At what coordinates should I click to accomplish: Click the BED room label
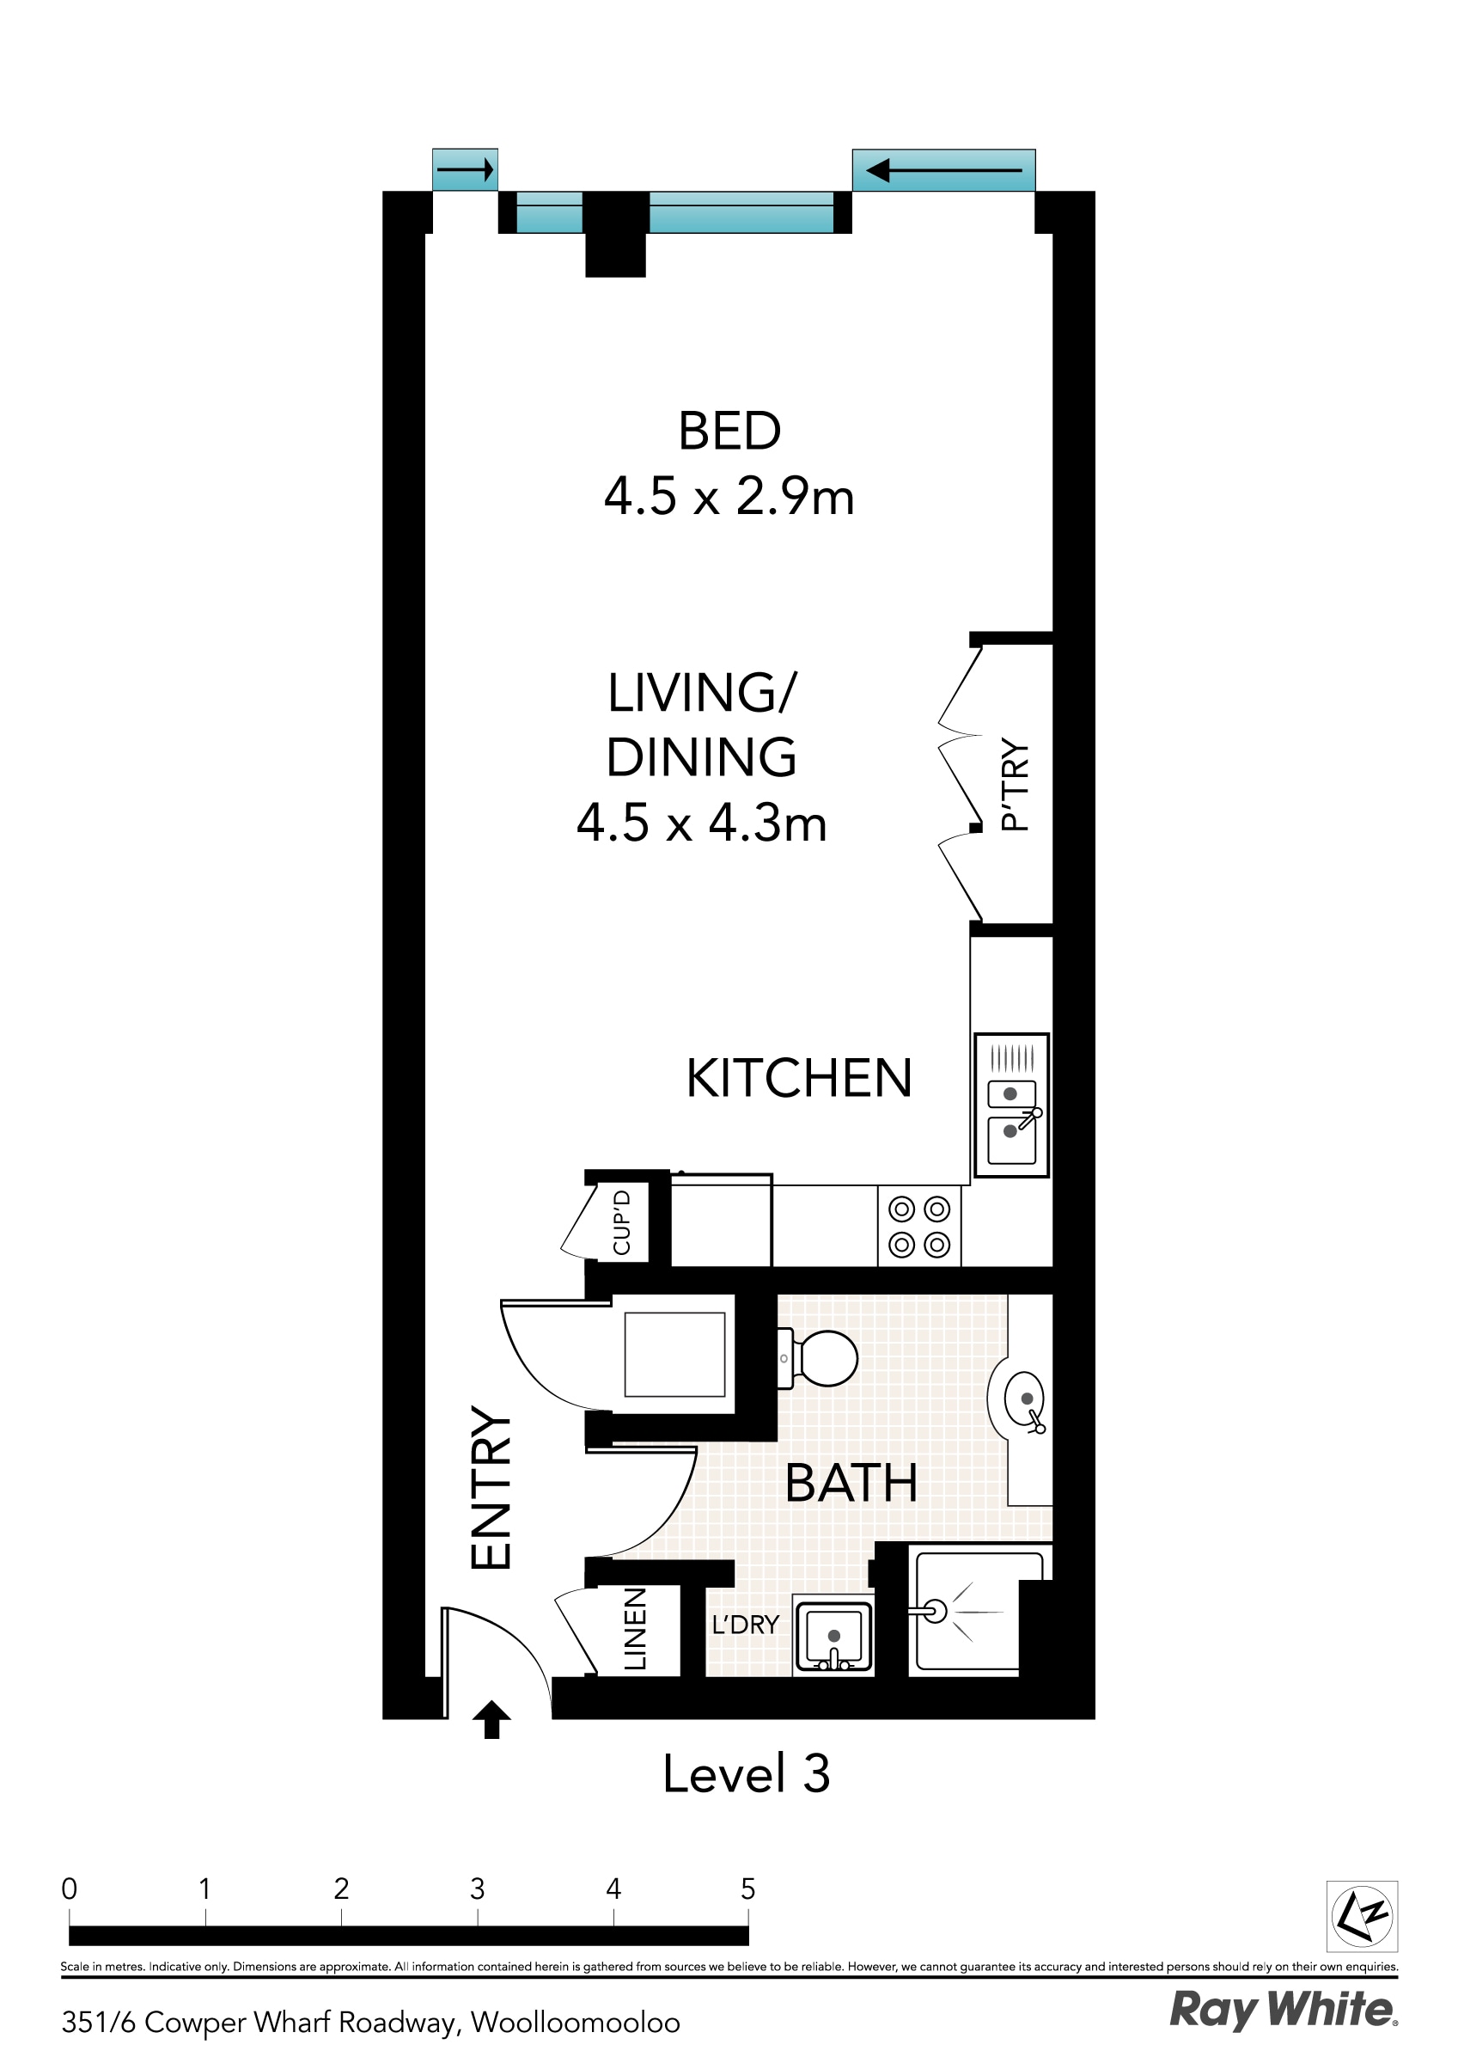(729, 432)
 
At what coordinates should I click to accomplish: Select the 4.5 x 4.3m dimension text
(702, 823)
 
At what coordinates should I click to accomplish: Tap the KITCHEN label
(799, 1078)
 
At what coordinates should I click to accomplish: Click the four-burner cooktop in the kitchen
(919, 1227)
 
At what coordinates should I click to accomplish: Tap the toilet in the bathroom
(822, 1357)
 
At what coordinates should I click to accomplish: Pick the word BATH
(851, 1484)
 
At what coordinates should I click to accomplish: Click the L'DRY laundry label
(745, 1625)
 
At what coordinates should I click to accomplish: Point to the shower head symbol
(935, 1612)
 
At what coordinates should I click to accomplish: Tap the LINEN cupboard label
(635, 1629)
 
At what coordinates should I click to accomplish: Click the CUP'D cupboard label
(622, 1222)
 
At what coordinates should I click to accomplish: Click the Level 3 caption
(746, 1774)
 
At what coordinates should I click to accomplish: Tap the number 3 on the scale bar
(477, 1889)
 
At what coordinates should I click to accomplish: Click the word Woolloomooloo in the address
(575, 2023)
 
